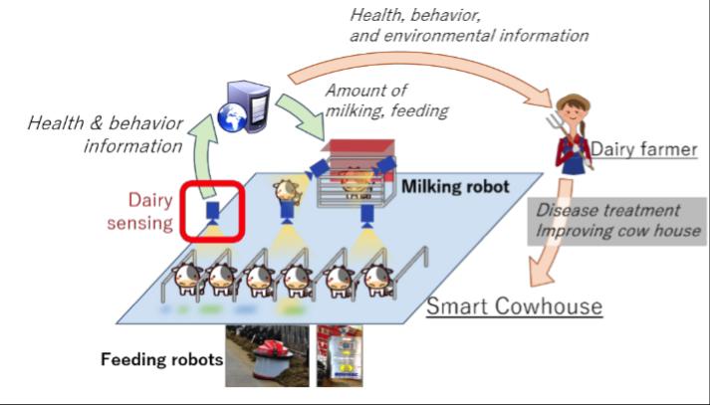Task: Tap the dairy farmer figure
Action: [571, 134]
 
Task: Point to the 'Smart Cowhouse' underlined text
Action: [514, 304]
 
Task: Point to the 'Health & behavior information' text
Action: [106, 135]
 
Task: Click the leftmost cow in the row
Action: [188, 281]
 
